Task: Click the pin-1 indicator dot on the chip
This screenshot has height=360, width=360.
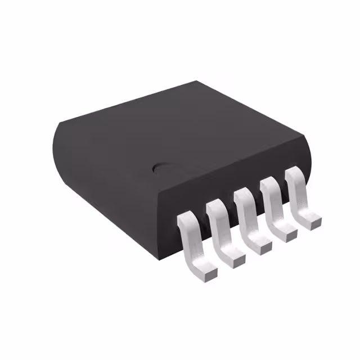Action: [160, 167]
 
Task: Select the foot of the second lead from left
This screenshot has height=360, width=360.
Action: [237, 258]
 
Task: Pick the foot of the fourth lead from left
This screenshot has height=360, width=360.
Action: [287, 233]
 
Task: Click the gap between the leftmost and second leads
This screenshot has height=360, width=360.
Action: [202, 225]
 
